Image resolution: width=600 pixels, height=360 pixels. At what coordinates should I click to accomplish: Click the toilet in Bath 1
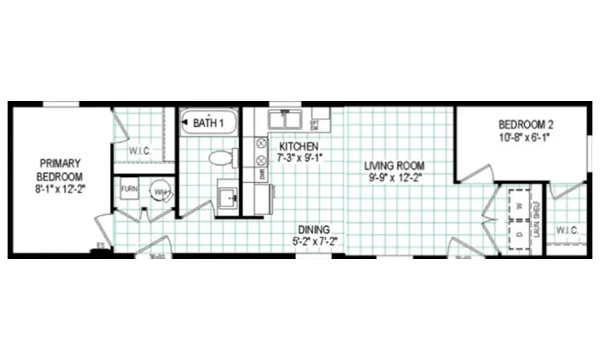pos(220,157)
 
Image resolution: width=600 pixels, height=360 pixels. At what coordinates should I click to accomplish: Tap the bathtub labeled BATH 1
pos(208,122)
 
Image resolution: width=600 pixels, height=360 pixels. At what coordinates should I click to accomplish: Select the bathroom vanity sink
pos(227,195)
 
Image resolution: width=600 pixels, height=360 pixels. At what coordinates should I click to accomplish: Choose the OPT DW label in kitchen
pos(314,124)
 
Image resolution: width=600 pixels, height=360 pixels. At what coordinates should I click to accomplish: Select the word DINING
pos(313,229)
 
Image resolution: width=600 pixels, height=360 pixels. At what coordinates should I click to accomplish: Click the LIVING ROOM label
pos(395,165)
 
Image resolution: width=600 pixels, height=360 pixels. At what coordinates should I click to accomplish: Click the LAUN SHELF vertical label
pos(537,219)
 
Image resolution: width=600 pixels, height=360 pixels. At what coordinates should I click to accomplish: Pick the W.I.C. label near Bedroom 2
pos(567,231)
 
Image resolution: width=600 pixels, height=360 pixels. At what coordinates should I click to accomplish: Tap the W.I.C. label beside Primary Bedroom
pos(139,151)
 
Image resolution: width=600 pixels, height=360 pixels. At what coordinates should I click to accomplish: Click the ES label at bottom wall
pos(100,245)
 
